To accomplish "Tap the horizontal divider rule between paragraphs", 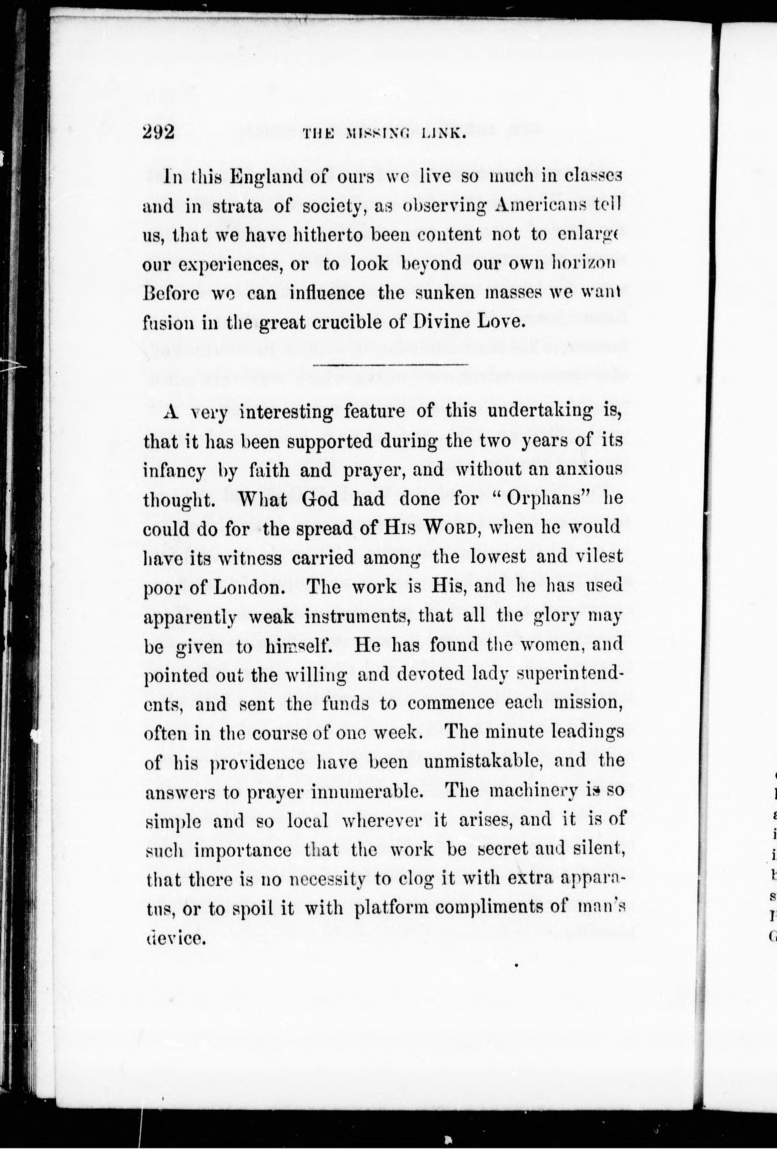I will click(390, 365).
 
